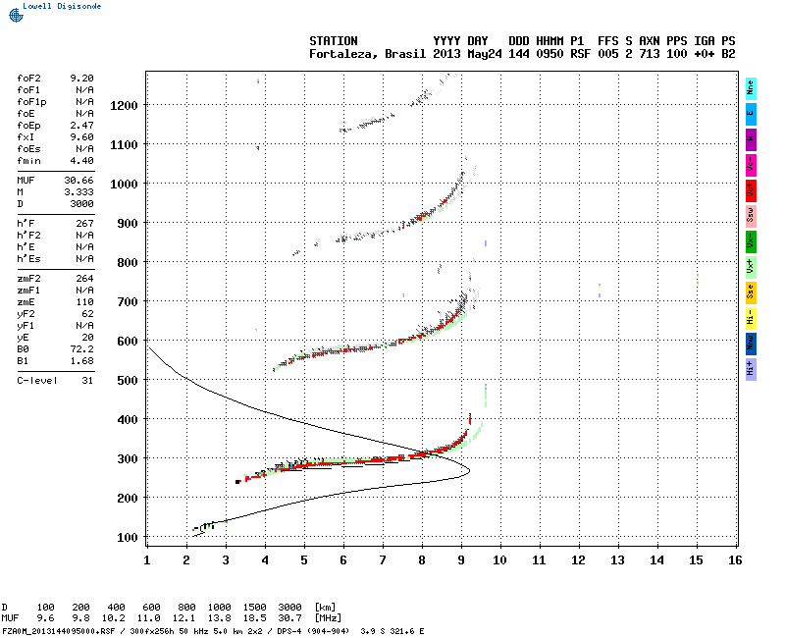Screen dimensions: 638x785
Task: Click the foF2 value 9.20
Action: [x=81, y=77]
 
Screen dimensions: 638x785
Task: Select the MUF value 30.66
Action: [x=79, y=181]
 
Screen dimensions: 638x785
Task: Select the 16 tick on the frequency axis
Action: [x=735, y=559]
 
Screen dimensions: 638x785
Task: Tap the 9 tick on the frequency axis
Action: [x=461, y=559]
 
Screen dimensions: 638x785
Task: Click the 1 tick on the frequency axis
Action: [x=147, y=559]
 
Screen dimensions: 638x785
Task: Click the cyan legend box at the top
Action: [x=751, y=87]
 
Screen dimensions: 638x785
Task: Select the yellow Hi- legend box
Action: [x=751, y=317]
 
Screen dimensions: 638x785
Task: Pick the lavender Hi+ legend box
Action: [x=751, y=368]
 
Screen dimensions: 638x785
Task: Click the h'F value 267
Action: [x=84, y=224]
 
